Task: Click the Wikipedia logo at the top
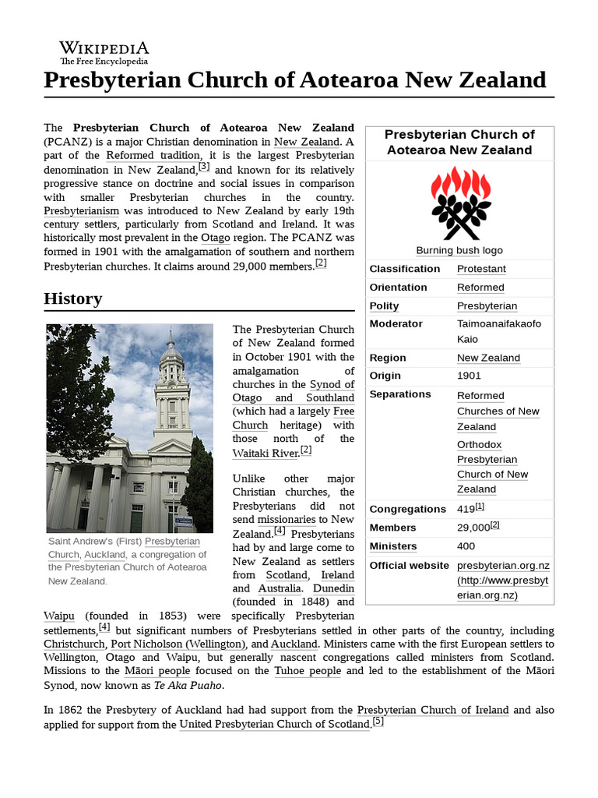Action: [104, 51]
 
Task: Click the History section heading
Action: [73, 298]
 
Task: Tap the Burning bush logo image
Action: [459, 203]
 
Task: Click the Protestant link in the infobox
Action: [481, 269]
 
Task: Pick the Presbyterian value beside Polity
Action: [487, 306]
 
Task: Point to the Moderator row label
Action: [396, 323]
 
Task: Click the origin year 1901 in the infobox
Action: [469, 376]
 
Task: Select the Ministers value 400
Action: [466, 546]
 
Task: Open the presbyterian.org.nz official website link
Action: [503, 566]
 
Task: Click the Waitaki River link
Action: [266, 452]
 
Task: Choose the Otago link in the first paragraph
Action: [216, 237]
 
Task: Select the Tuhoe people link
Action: [308, 671]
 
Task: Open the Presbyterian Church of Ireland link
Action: [433, 710]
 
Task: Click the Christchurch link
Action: [74, 644]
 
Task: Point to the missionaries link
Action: [287, 519]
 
